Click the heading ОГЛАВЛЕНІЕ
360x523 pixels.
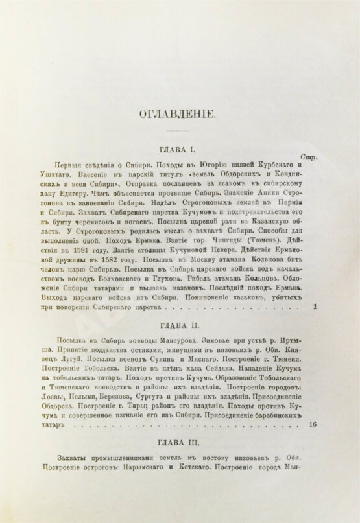pyautogui.click(x=180, y=116)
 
